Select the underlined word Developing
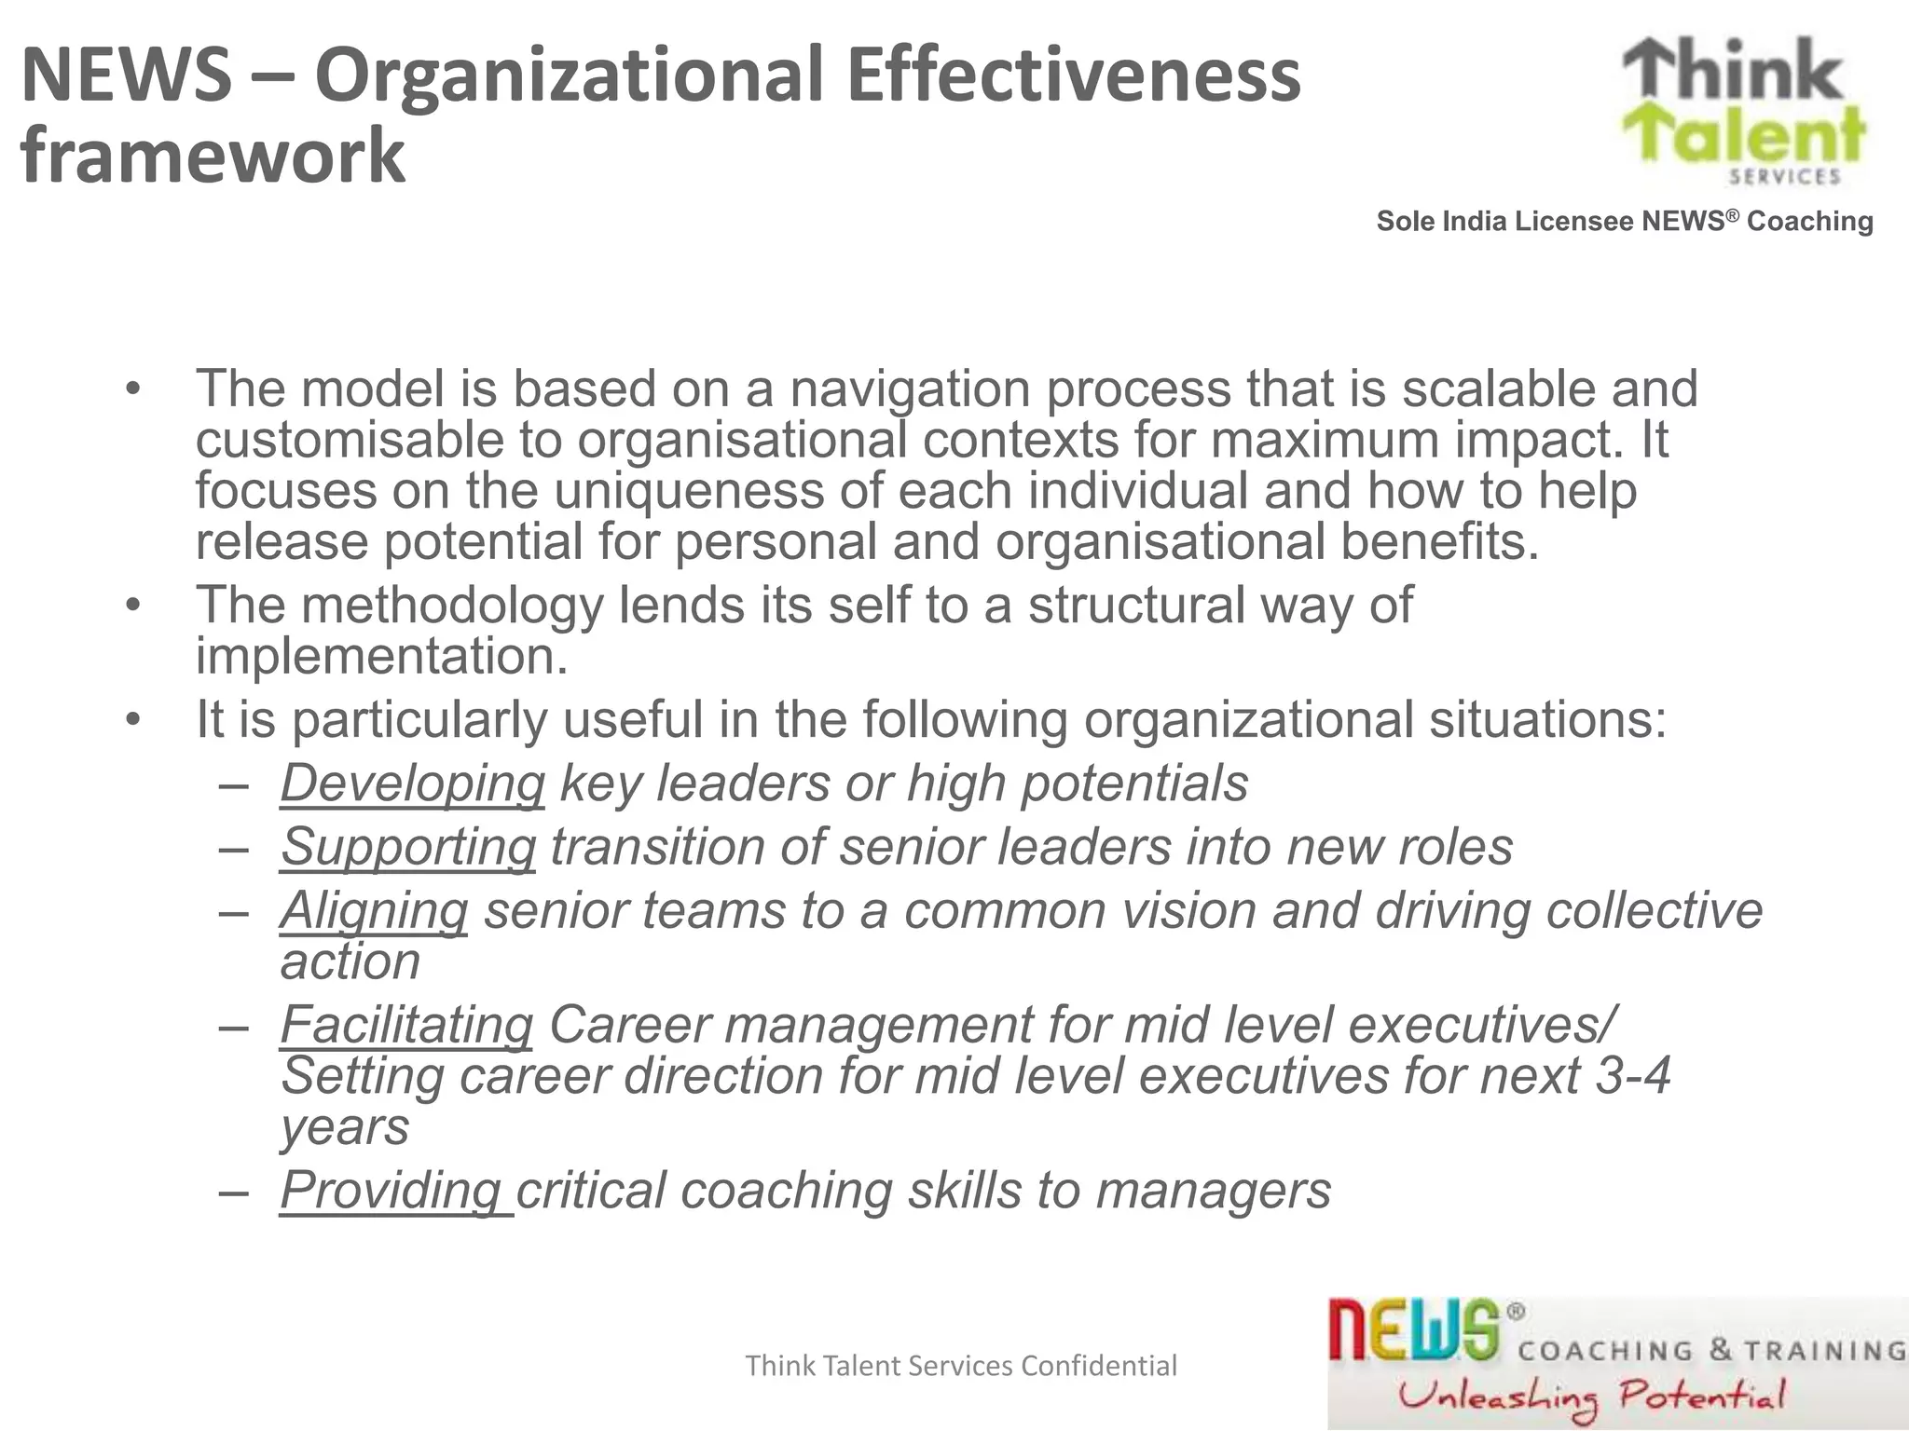tap(412, 784)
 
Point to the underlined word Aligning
tap(374, 910)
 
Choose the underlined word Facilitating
tap(406, 1025)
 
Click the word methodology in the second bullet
tap(452, 606)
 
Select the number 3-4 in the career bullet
tap(1632, 1076)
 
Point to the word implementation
tap(380, 657)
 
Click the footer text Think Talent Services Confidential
tap(961, 1366)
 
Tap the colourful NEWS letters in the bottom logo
tap(1413, 1330)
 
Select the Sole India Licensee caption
tap(1625, 222)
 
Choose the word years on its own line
tap(345, 1128)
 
